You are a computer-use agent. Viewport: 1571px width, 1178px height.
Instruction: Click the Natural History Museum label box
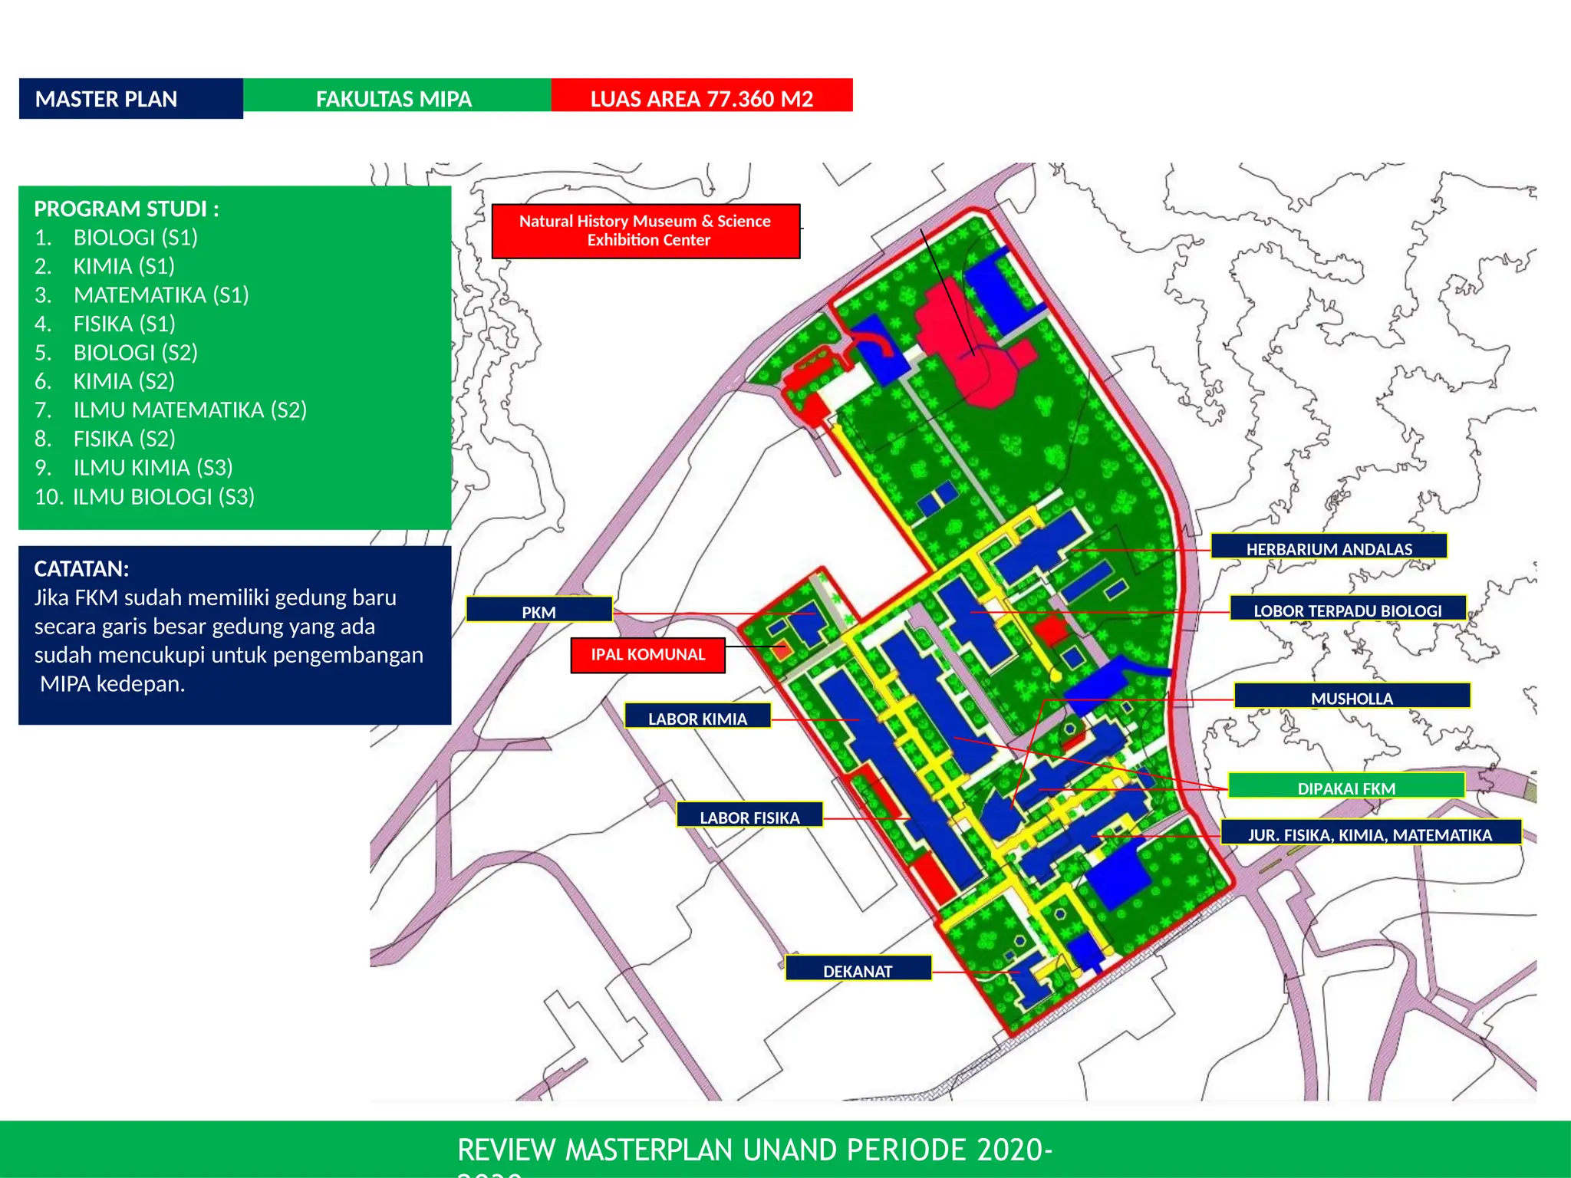tap(645, 231)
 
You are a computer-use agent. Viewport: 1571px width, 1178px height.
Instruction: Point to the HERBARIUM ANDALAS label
tap(1329, 548)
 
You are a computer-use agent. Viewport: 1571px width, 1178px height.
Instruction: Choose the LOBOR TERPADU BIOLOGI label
tap(1347, 609)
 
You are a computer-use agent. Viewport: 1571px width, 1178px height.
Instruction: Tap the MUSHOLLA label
tap(1352, 696)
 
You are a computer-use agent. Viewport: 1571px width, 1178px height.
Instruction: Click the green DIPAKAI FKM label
tap(1346, 787)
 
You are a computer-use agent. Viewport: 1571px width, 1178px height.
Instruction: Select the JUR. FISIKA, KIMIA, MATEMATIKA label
tap(1370, 834)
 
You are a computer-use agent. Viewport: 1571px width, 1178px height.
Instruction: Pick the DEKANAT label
tap(858, 969)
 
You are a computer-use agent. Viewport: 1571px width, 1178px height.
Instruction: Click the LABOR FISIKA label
tap(749, 816)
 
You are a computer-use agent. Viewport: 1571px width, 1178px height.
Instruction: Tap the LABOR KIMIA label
tap(697, 717)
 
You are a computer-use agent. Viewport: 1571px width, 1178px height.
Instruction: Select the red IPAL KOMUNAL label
tap(647, 655)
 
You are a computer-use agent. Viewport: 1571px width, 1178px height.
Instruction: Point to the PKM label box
tap(539, 610)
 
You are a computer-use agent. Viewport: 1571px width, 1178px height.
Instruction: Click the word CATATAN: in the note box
tap(82, 568)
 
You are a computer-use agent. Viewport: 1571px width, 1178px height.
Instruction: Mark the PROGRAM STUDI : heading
tap(127, 209)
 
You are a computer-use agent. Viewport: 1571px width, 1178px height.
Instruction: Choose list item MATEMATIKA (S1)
tap(161, 294)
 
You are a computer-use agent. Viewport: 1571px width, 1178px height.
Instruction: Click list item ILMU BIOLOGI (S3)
tap(163, 496)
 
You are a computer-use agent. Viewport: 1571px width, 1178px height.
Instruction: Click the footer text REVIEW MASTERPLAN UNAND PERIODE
tap(754, 1150)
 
